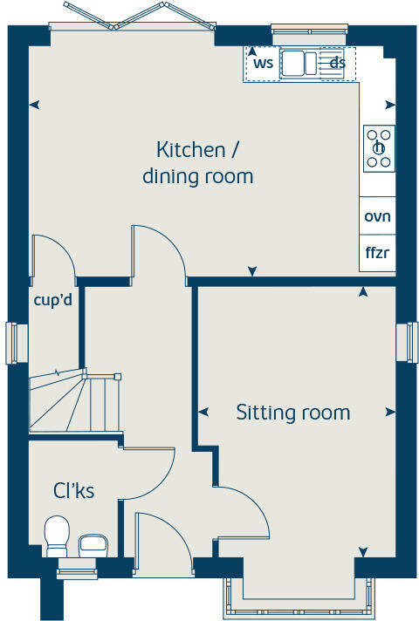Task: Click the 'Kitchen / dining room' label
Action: pyautogui.click(x=197, y=162)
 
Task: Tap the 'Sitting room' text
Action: pyautogui.click(x=292, y=413)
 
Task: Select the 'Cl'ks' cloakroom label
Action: pyautogui.click(x=73, y=491)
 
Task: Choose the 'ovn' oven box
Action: pyautogui.click(x=377, y=216)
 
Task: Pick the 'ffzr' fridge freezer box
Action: pyautogui.click(x=377, y=254)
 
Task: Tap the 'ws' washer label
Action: pyautogui.click(x=263, y=63)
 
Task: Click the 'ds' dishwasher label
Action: pyautogui.click(x=337, y=63)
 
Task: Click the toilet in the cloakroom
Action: pyautogui.click(x=57, y=534)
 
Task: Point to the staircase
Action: pyautogui.click(x=73, y=401)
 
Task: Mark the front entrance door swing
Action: pyautogui.click(x=161, y=545)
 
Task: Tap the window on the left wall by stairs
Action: pyautogui.click(x=12, y=343)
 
